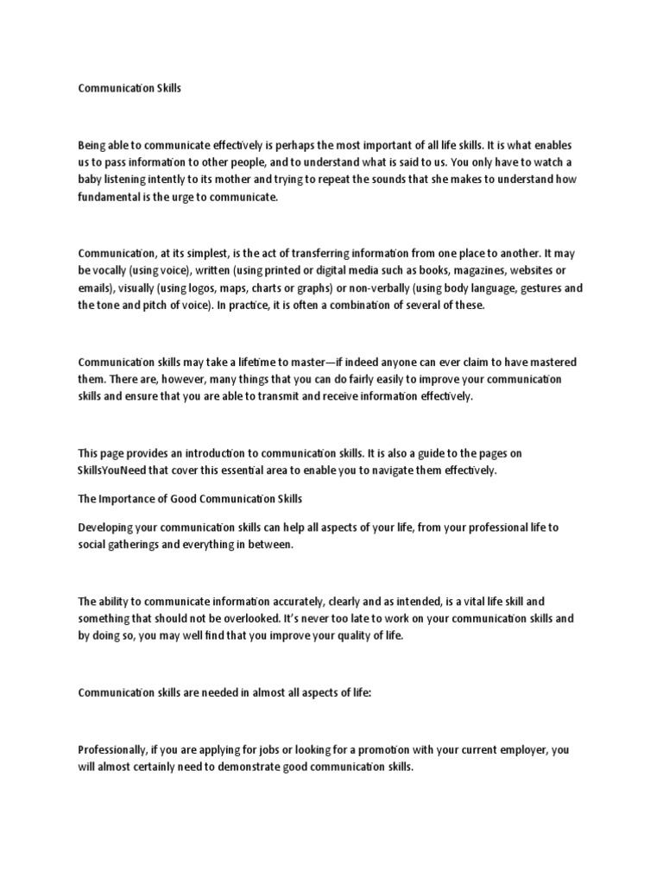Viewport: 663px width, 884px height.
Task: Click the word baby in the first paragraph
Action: pos(92,180)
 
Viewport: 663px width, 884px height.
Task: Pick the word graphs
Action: pos(317,288)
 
